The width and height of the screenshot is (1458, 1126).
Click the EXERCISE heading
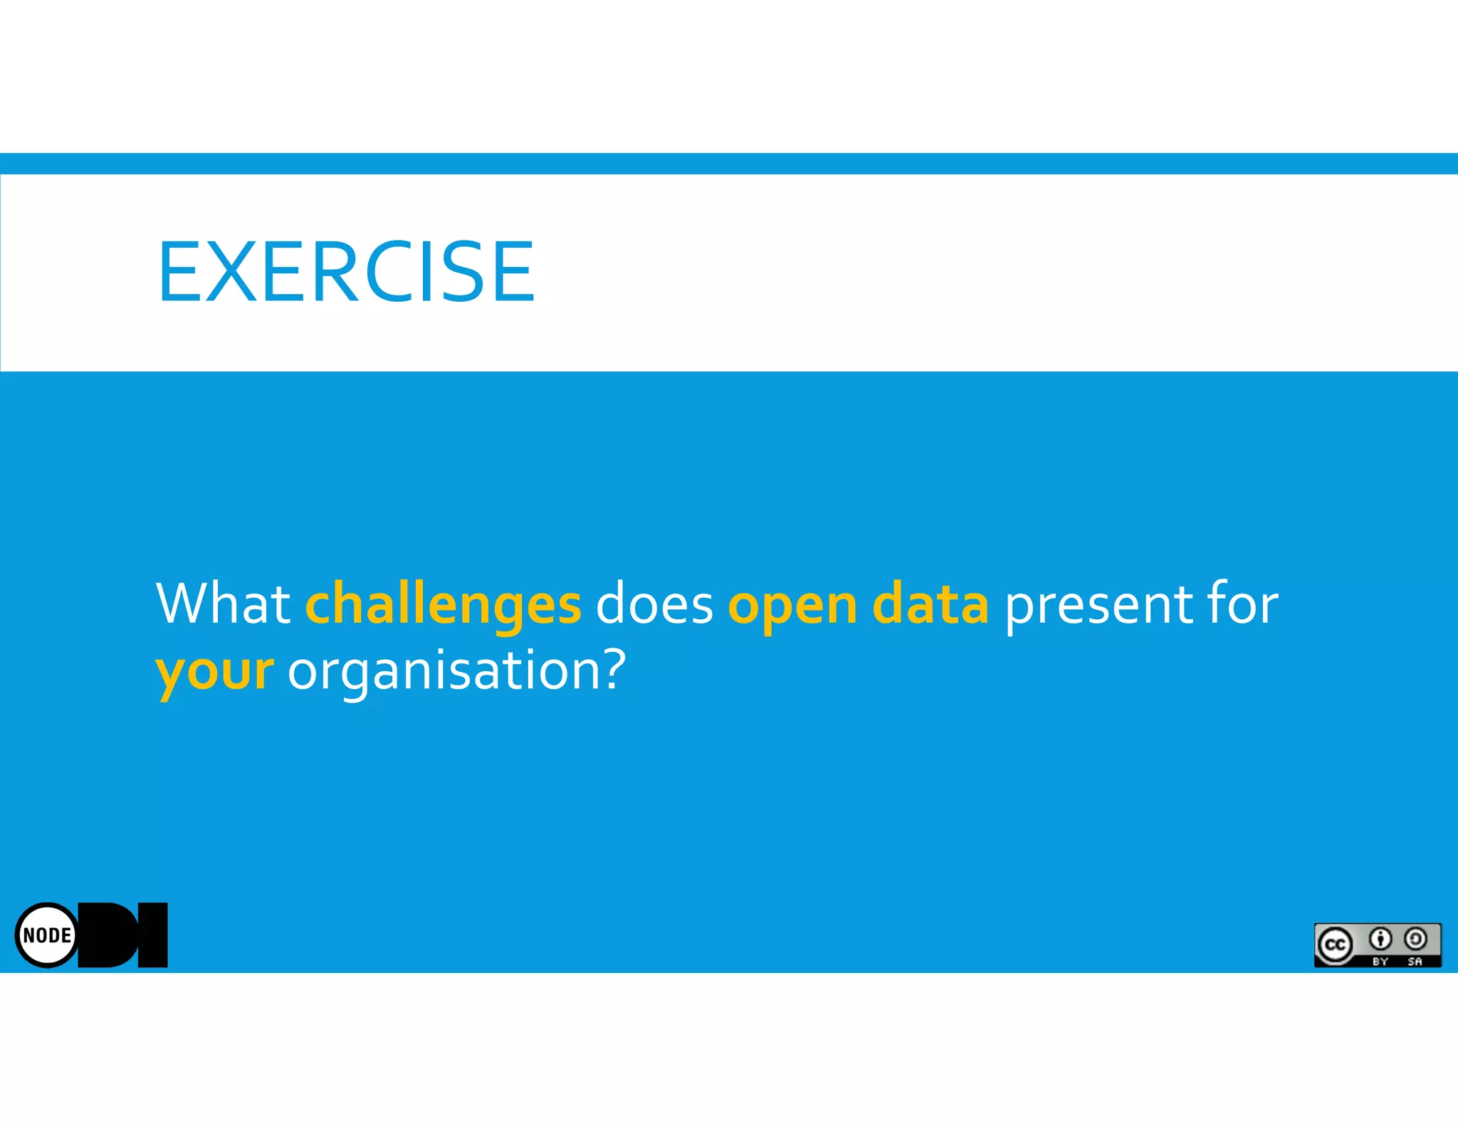(x=346, y=271)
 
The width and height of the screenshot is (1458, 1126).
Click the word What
(x=223, y=604)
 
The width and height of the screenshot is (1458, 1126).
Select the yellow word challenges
(x=443, y=605)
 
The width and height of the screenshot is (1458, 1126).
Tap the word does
(x=654, y=604)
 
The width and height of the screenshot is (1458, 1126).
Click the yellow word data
(x=930, y=604)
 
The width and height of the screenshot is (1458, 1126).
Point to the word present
(x=1097, y=605)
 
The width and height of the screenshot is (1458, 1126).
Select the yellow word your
(x=214, y=672)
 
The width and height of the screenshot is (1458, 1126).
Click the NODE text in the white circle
(x=47, y=935)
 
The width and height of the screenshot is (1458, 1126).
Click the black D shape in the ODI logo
(x=107, y=935)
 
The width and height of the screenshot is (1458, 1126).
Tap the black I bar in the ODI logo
(x=152, y=935)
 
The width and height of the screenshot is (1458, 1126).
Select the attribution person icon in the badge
(x=1380, y=940)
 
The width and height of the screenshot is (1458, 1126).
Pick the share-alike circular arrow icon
(x=1415, y=940)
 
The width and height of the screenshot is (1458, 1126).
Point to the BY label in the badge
(x=1380, y=962)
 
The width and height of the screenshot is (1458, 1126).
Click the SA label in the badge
(x=1415, y=962)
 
